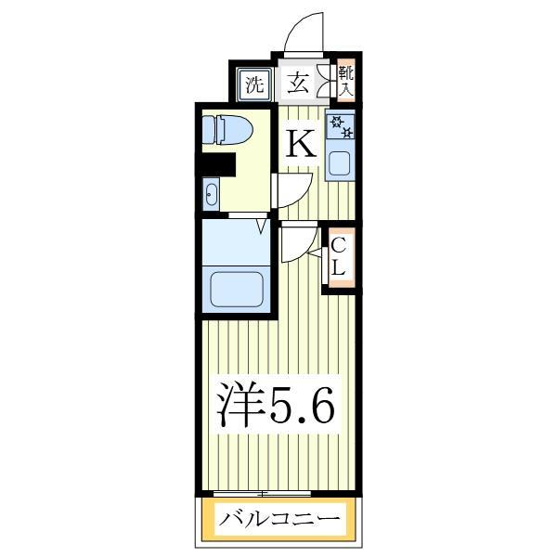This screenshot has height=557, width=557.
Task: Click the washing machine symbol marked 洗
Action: pyautogui.click(x=253, y=84)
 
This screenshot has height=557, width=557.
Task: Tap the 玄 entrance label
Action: pyautogui.click(x=298, y=84)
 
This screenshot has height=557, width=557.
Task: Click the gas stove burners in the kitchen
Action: pyautogui.click(x=340, y=126)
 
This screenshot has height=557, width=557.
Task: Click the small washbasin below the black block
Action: pyautogui.click(x=212, y=195)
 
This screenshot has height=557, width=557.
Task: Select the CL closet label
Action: pyautogui.click(x=340, y=257)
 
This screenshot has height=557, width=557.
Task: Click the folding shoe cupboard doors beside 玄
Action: pyautogui.click(x=325, y=82)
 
